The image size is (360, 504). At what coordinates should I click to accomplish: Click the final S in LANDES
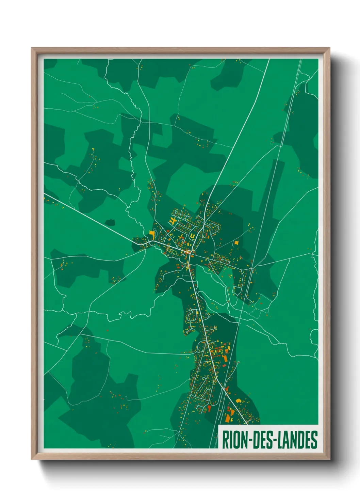click(314, 440)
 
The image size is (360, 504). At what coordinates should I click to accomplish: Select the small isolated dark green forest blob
click(110, 223)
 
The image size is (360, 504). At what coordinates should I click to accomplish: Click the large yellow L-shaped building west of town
click(152, 234)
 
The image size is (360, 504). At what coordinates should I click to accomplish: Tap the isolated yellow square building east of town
click(236, 243)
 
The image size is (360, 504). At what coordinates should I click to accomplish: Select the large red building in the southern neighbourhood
click(209, 407)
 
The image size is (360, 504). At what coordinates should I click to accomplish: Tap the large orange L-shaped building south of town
click(228, 418)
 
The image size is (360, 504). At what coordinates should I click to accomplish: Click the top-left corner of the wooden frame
click(32, 48)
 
